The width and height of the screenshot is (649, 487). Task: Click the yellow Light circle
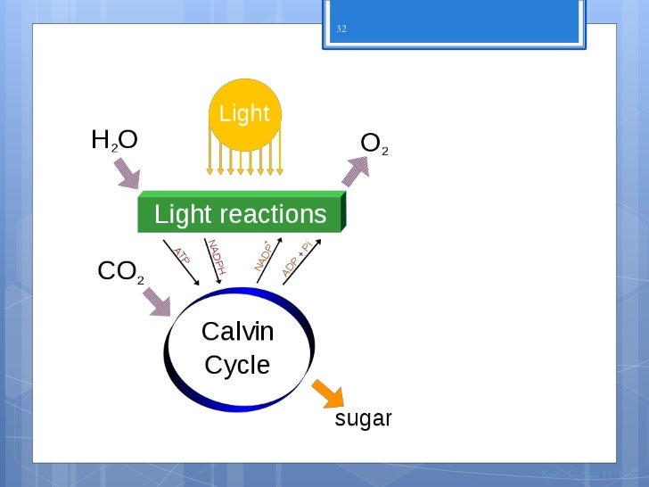coord(244,112)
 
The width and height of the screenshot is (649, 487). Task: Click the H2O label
coord(114,140)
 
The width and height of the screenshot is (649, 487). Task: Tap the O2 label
coord(374,143)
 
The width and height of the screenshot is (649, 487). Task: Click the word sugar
coord(363,418)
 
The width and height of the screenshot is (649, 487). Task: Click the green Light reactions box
coord(241,214)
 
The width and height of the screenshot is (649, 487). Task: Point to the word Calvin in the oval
coord(237,332)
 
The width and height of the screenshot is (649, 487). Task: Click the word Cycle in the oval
coord(237,365)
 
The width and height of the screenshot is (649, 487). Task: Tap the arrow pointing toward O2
coord(355,170)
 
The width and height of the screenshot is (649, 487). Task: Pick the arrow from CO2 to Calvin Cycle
coord(158,302)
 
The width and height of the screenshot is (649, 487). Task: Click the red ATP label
coord(181,256)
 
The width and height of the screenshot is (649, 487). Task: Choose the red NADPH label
coord(216,257)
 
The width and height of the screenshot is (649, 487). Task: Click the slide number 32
coord(341,29)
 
